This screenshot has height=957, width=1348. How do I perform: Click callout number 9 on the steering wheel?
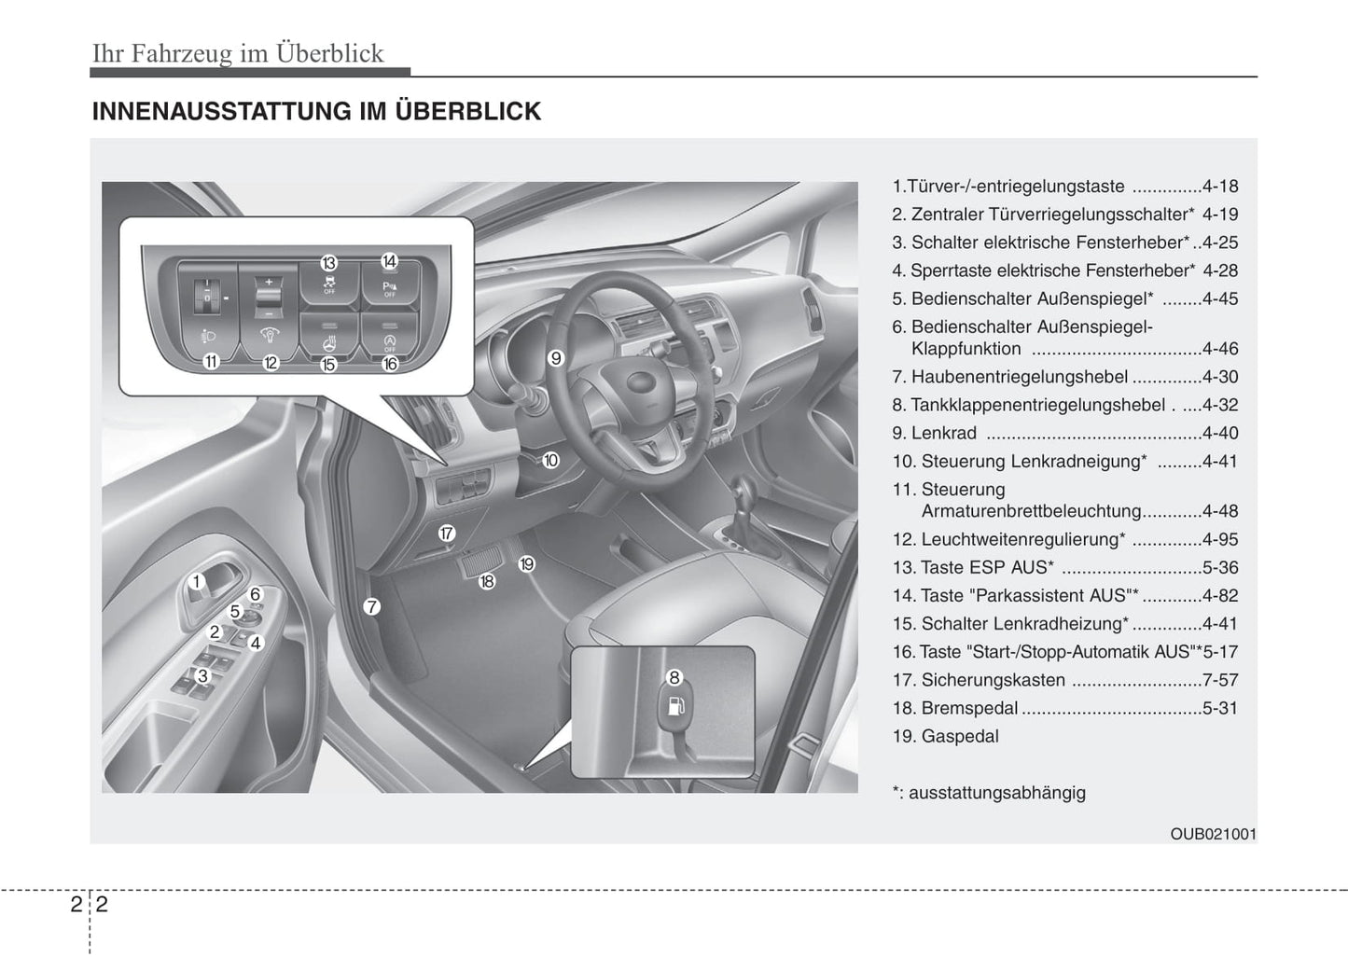(x=556, y=357)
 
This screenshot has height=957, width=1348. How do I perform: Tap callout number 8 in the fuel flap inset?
(x=674, y=678)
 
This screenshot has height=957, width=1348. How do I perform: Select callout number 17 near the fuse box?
(x=447, y=534)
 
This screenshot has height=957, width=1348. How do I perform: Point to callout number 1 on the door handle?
(x=197, y=582)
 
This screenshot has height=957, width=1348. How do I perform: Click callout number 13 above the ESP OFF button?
(x=328, y=263)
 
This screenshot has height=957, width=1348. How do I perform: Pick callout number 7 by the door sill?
(x=371, y=607)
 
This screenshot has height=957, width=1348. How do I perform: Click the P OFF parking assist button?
(x=389, y=287)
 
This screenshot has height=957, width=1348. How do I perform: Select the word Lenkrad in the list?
(x=944, y=433)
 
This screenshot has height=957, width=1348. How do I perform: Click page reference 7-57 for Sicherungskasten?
(x=1220, y=680)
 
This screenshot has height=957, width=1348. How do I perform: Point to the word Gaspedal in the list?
(x=960, y=736)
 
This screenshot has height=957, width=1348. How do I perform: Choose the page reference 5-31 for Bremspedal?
(x=1220, y=708)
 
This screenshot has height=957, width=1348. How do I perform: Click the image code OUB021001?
(x=1213, y=834)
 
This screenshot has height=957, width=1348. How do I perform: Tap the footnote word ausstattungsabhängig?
(x=996, y=793)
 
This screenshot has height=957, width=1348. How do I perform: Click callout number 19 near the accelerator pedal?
(x=527, y=564)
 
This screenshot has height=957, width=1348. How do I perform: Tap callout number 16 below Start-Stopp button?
(x=390, y=364)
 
